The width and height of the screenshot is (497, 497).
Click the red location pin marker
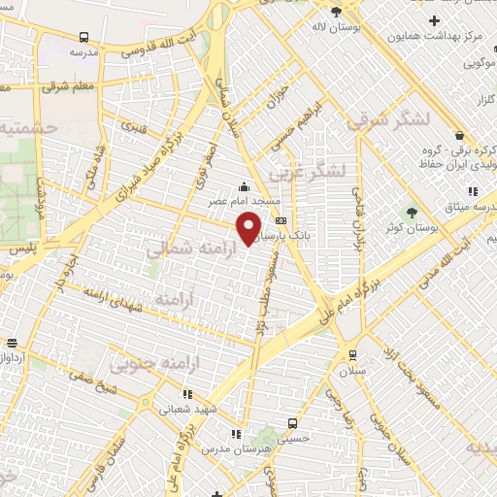[249, 227]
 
